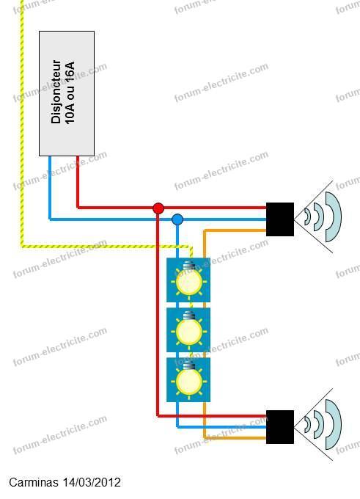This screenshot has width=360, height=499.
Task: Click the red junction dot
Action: [158, 208]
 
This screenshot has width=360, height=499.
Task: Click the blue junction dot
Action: [177, 219]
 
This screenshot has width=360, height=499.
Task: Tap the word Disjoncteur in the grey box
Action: [56, 92]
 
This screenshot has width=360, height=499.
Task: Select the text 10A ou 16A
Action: [70, 92]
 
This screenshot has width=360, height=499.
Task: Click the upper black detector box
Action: [280, 219]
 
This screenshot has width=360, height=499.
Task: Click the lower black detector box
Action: [280, 427]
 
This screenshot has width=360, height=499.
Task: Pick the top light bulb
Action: [189, 280]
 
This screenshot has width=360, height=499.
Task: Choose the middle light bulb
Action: [189, 329]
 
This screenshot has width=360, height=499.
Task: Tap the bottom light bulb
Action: [189, 379]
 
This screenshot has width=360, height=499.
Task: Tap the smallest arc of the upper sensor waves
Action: [308, 216]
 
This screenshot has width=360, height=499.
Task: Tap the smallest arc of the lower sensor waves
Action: [308, 424]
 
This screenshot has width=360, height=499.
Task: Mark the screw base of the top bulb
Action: [189, 265]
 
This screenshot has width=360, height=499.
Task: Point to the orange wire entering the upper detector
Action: [235, 230]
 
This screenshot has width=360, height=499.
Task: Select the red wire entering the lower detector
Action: [212, 415]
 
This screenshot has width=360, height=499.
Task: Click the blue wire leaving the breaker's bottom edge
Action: [50, 188]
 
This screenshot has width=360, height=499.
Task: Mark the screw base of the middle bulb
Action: [189, 315]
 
